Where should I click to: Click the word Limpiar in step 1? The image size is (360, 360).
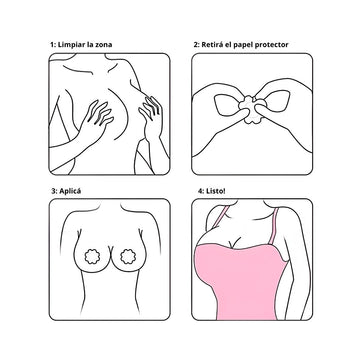[71, 45]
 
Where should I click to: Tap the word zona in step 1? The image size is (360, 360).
[103, 45]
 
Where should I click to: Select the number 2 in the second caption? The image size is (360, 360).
[196, 45]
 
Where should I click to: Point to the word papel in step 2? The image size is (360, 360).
[241, 45]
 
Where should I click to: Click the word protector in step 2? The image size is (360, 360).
[271, 45]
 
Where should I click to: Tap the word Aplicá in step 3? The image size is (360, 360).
[69, 192]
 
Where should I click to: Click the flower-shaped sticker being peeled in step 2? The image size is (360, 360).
[252, 110]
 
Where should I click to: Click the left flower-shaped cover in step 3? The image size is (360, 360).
[92, 257]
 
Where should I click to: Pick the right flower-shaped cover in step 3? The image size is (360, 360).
[128, 257]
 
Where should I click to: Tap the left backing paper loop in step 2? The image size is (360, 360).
[227, 105]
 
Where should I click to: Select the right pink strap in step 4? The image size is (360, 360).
[274, 226]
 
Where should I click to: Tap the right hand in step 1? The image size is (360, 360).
[151, 115]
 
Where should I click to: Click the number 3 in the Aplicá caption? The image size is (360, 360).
[53, 192]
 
